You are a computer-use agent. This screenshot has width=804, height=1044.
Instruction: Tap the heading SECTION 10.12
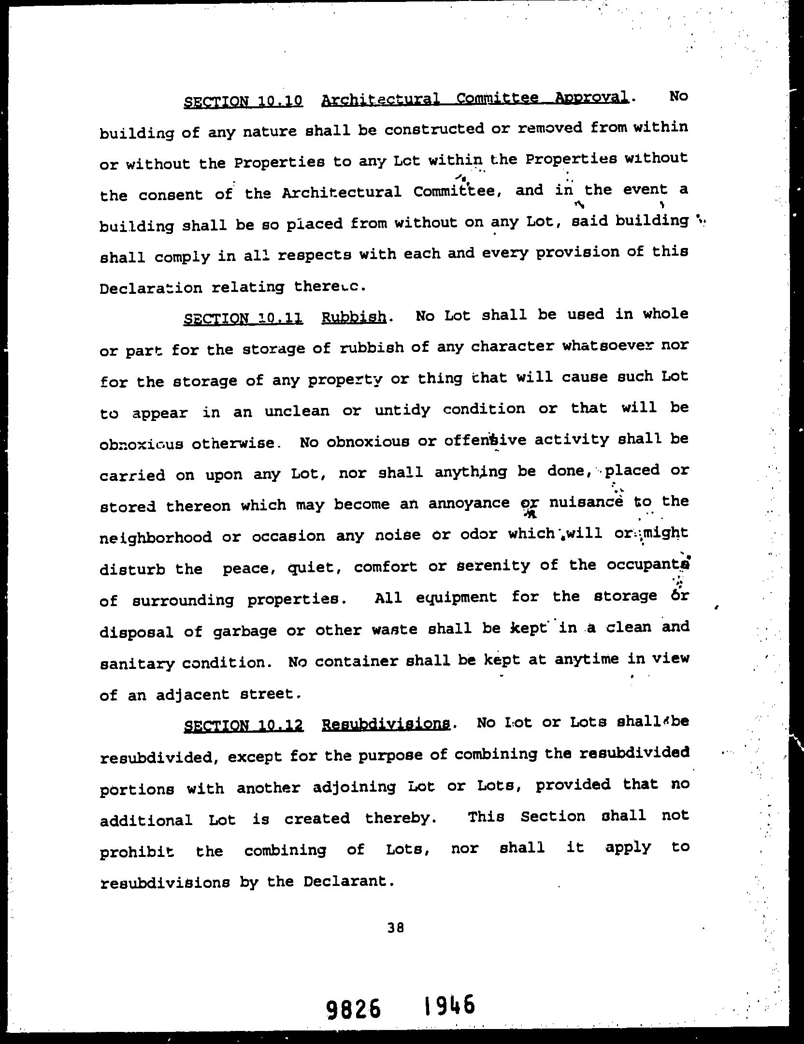tap(244, 725)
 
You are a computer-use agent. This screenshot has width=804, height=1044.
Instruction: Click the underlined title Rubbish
tap(354, 318)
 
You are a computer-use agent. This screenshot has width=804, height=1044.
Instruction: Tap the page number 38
tap(395, 937)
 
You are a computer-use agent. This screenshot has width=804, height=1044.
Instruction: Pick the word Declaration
tap(151, 289)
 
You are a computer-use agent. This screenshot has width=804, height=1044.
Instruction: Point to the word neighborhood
tap(156, 537)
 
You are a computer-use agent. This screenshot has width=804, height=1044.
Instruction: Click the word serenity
tap(493, 565)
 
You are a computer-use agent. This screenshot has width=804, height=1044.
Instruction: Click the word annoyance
tap(469, 504)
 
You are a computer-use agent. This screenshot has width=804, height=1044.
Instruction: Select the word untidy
tap(402, 410)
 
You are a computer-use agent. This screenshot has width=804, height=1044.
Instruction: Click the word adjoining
tap(354, 787)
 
